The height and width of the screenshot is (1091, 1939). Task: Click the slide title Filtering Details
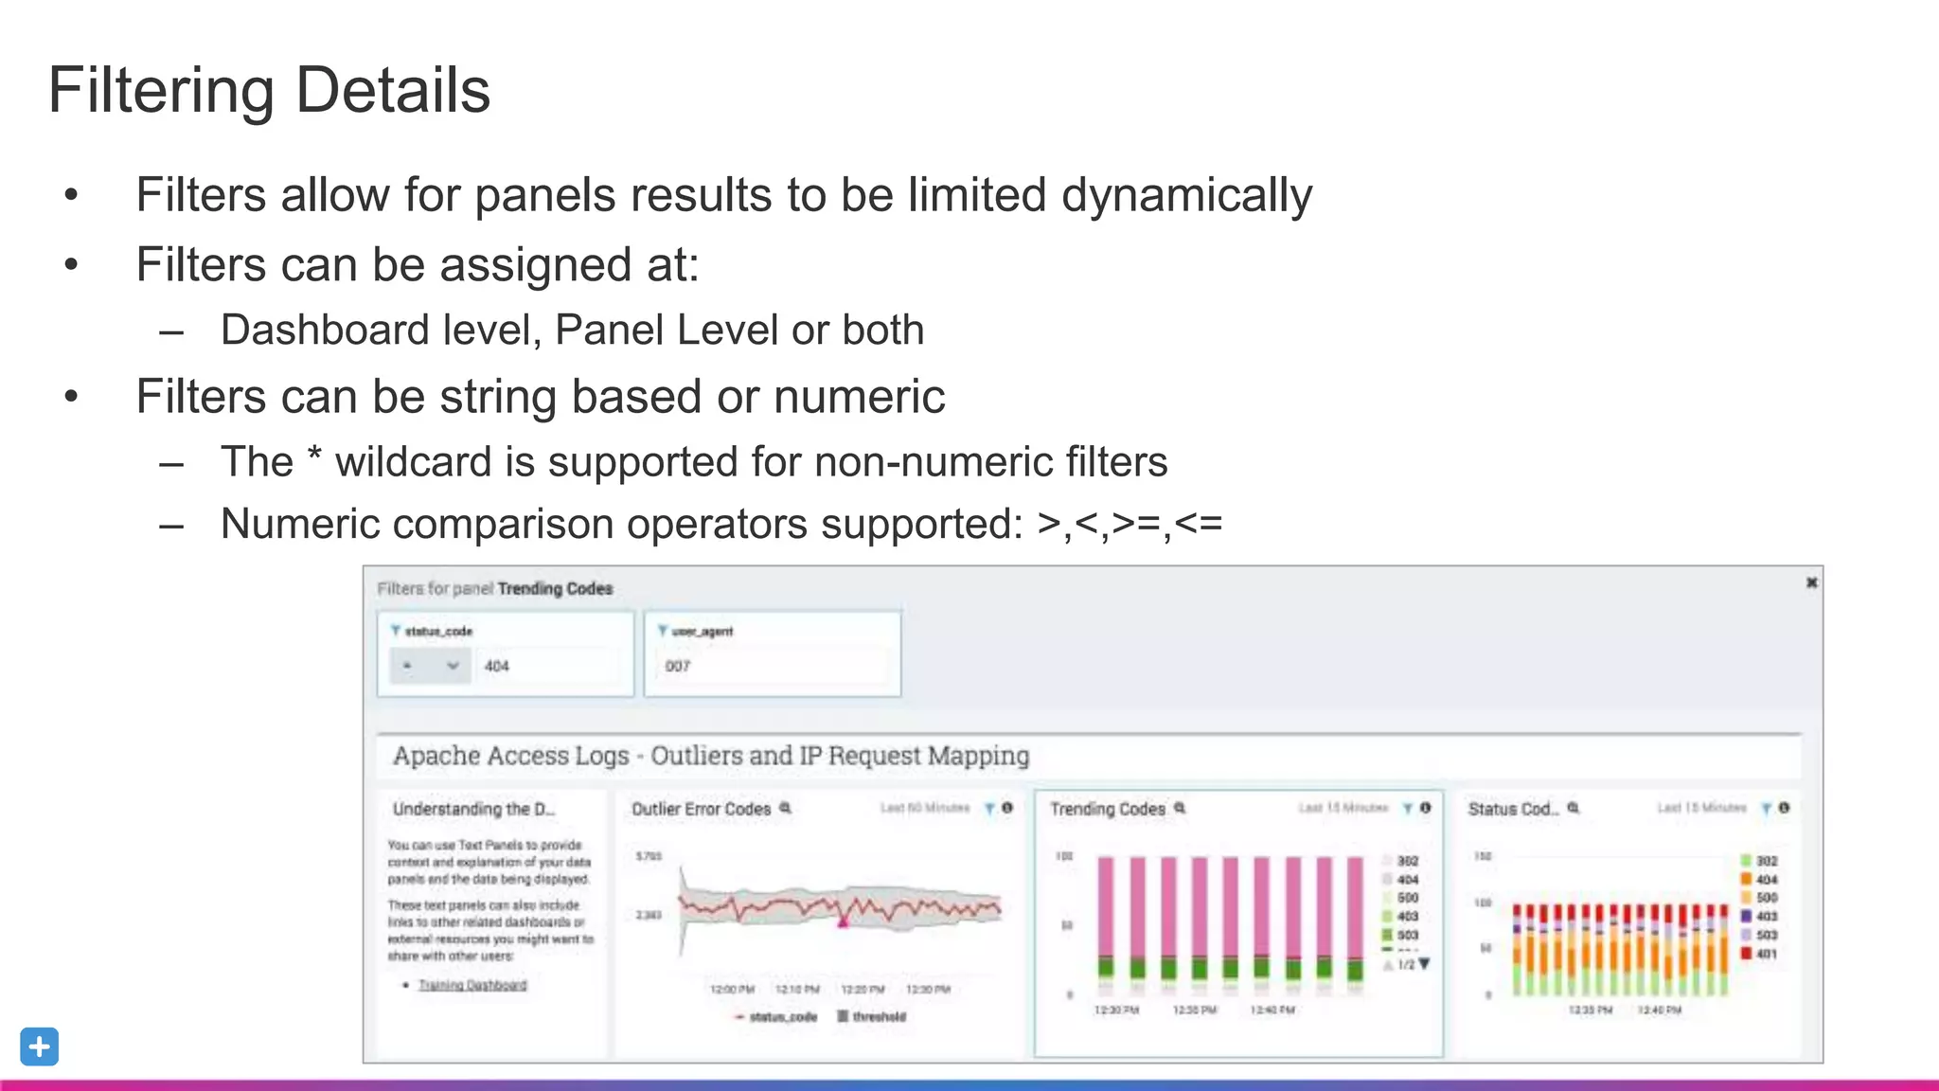coord(269,91)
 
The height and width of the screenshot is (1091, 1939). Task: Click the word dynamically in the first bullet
coord(1186,196)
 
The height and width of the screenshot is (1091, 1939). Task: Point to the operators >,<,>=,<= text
coord(1130,524)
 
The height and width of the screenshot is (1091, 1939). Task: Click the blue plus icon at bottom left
coord(39,1046)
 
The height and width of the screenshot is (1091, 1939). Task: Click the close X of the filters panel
coord(1811,582)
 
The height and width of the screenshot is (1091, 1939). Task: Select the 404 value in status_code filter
coord(497,666)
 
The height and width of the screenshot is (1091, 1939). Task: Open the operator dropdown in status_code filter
coord(430,666)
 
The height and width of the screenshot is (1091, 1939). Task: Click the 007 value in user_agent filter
coord(678,666)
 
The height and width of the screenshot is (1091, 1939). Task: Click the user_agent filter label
coord(702,631)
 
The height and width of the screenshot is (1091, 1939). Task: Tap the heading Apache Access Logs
coord(710,756)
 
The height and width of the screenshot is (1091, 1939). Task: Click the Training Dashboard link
coord(472,985)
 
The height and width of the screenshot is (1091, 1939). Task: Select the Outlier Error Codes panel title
coord(701,809)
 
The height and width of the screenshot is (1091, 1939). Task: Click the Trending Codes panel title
coord(1107,809)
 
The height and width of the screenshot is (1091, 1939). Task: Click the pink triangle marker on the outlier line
coord(843,920)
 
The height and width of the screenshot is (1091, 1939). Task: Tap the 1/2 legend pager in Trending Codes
coord(1408,964)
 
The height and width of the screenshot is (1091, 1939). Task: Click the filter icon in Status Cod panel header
coord(1766,808)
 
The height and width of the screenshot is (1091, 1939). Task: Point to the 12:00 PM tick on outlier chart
coord(732,989)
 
